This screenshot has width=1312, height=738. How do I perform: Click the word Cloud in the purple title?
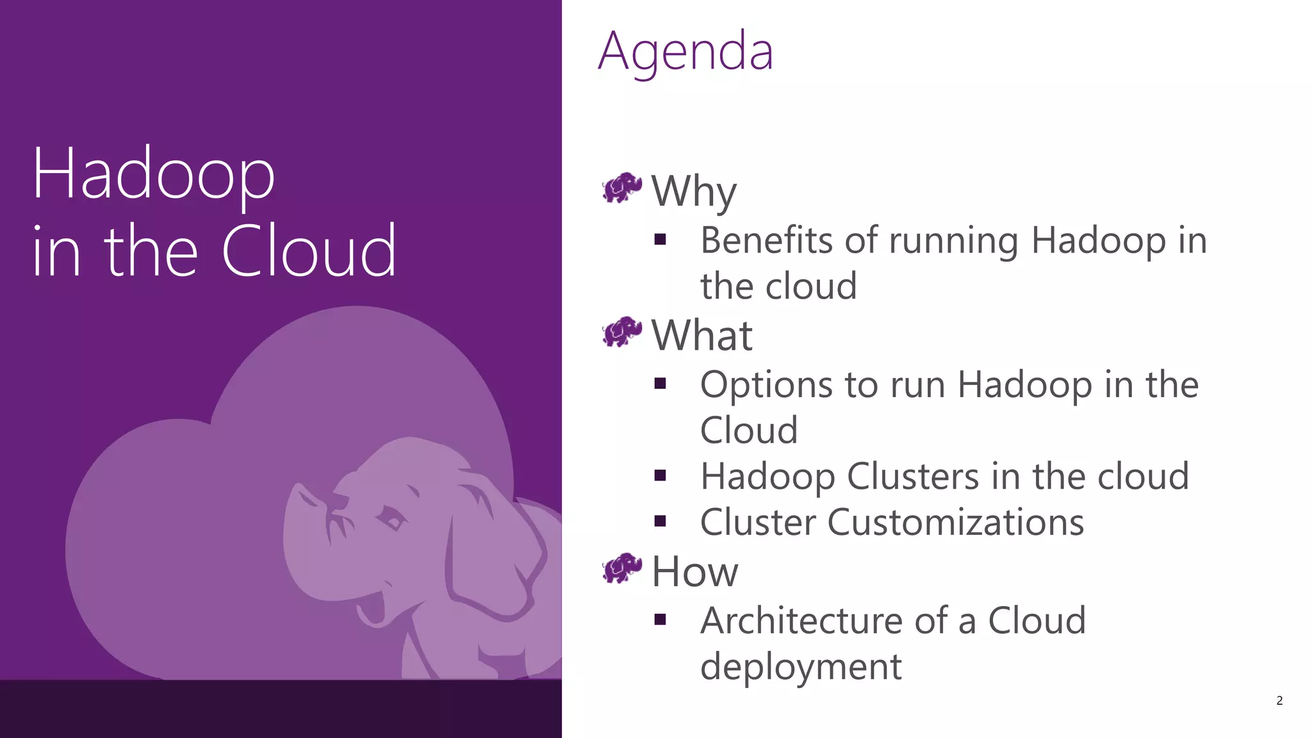[x=309, y=251]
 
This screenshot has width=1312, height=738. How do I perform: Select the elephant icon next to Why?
[x=621, y=188]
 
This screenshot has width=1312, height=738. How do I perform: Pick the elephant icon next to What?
[x=621, y=332]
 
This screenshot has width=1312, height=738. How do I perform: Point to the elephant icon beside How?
[x=621, y=568]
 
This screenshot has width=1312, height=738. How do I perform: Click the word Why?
[x=694, y=192]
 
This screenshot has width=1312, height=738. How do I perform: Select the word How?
[x=694, y=571]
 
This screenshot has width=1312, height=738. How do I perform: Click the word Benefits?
[x=766, y=241]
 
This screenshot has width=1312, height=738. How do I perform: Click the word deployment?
[x=801, y=667]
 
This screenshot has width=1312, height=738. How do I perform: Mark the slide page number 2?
[x=1279, y=701]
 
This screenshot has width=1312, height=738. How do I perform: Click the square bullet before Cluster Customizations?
[x=660, y=521]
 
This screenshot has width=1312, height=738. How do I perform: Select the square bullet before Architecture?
[x=660, y=620]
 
